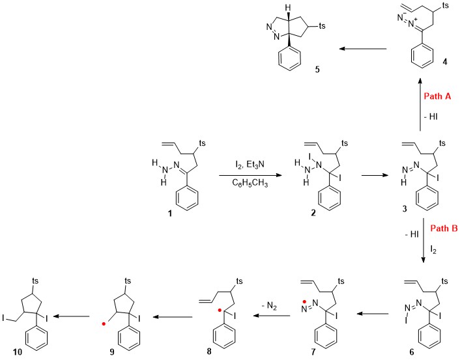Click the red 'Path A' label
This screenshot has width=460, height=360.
click(437, 96)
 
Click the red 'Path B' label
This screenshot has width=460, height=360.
click(444, 228)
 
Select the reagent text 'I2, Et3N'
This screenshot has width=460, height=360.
click(250, 165)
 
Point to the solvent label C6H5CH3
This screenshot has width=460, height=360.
click(250, 183)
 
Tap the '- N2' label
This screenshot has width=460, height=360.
click(269, 307)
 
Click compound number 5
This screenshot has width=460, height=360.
click(317, 70)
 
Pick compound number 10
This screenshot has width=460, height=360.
click(18, 352)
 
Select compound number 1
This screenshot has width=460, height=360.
click(169, 214)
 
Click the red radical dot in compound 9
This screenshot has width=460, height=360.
click(103, 324)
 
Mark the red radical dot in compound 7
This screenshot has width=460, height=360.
click(305, 301)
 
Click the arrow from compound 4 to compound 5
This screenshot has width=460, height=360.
click(363, 49)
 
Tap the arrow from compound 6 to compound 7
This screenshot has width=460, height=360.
click(373, 314)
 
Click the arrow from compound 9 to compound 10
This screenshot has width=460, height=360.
click(71, 316)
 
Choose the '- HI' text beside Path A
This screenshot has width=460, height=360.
click(431, 117)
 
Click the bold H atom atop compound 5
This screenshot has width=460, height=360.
click(289, 7)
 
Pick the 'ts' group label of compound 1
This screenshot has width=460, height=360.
click(202, 143)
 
